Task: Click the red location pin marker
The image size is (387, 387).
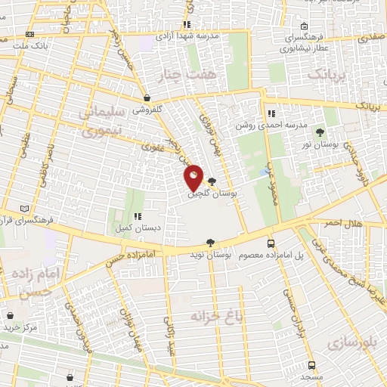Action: pos(193,178)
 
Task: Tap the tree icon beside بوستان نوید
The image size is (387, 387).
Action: pos(210,243)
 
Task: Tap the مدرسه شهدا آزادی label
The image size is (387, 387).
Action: pos(187,36)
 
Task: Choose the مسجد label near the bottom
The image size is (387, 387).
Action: pos(311,376)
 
